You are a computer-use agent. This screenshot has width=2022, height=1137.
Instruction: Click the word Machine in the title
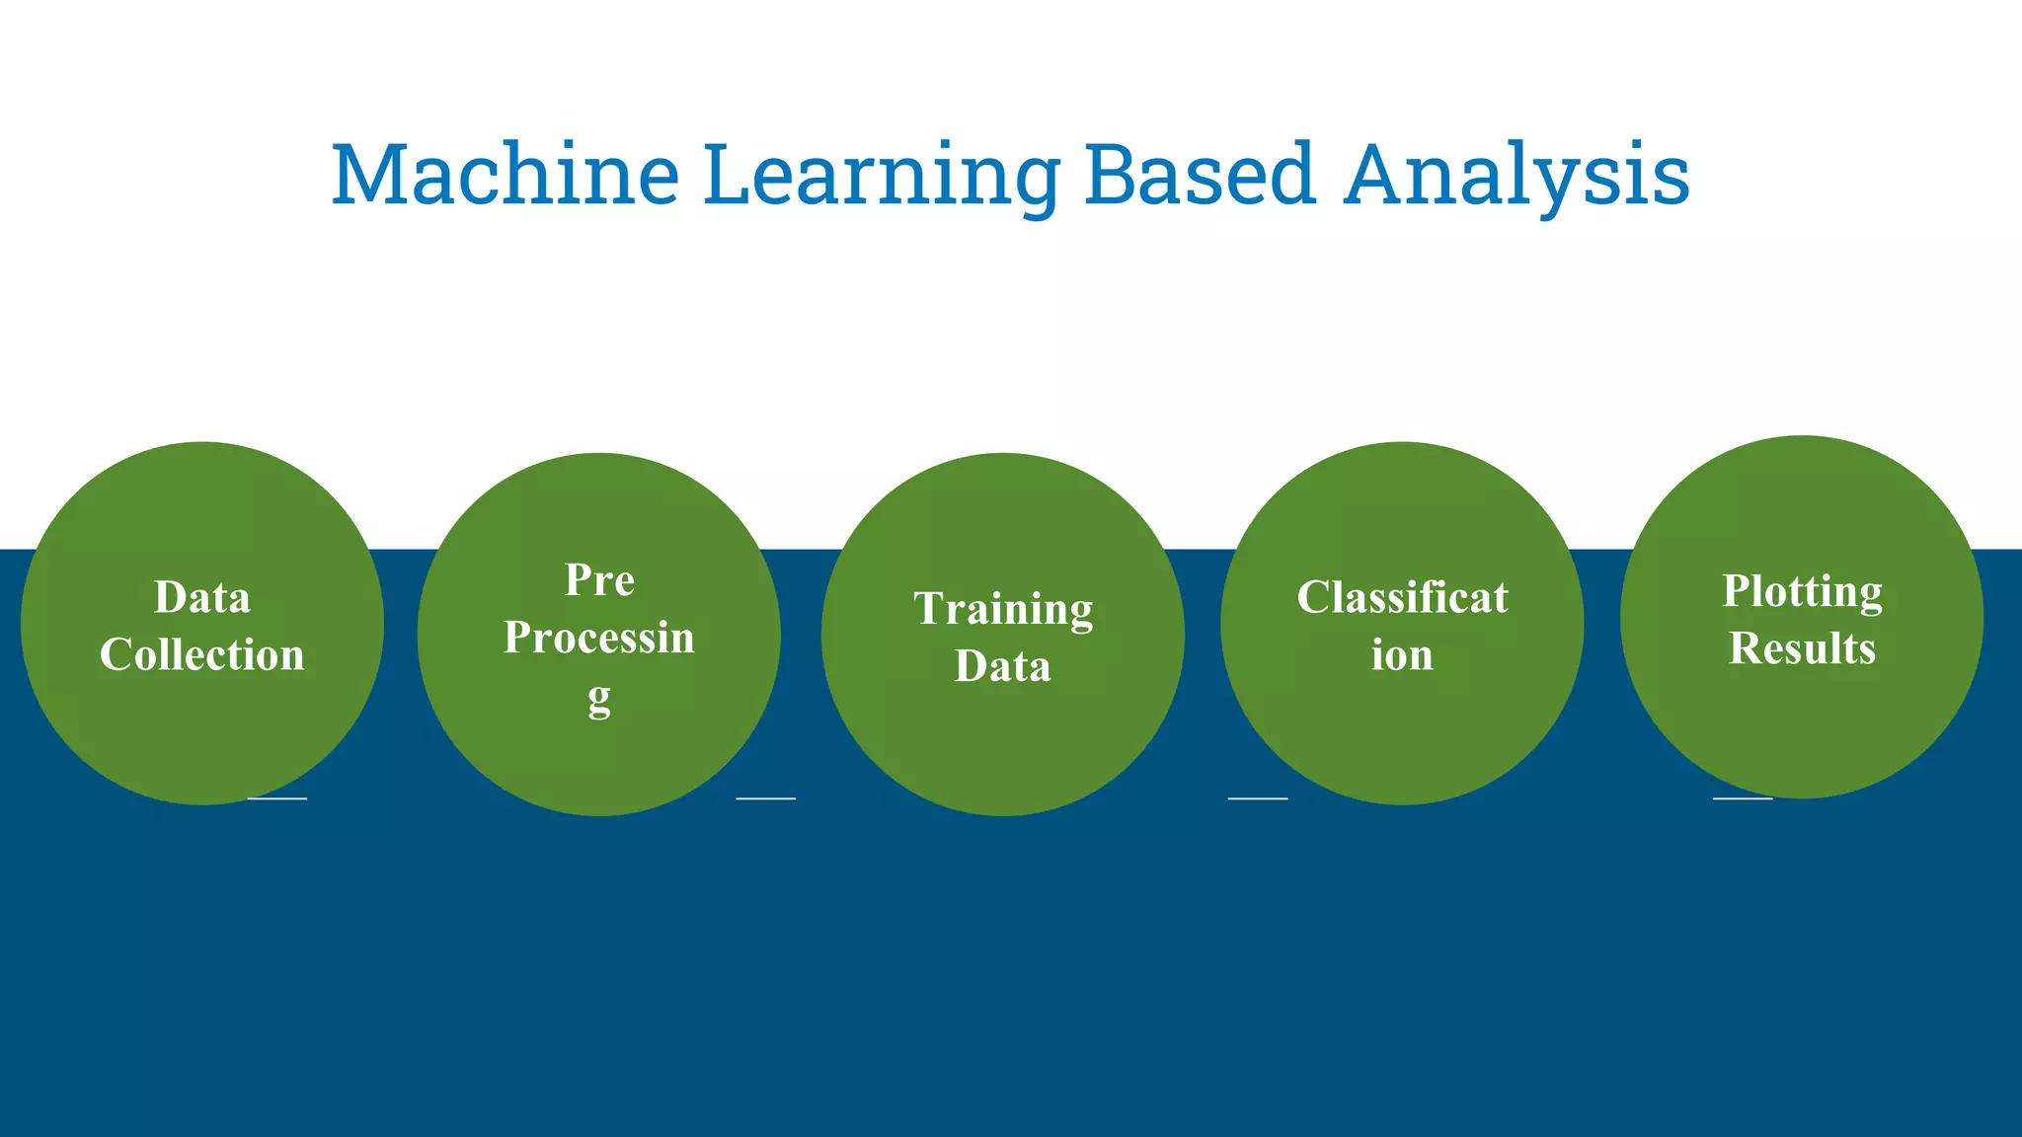(x=505, y=176)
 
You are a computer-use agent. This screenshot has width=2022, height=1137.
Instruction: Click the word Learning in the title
(x=881, y=176)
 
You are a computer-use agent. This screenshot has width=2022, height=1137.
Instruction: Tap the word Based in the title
(x=1200, y=176)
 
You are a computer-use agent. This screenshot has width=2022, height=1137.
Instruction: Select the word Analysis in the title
(x=1516, y=176)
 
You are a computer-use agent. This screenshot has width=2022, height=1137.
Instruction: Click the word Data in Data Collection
(x=202, y=598)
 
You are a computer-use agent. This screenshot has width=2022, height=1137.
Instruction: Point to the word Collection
(x=202, y=655)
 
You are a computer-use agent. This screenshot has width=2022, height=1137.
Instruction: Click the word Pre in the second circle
(x=599, y=580)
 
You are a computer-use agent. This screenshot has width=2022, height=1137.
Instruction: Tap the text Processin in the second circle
(x=599, y=638)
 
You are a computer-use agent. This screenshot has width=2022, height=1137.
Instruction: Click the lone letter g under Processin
(x=599, y=699)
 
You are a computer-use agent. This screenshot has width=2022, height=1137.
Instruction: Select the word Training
(x=1003, y=609)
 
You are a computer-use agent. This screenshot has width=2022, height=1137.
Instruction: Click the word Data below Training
(x=1003, y=666)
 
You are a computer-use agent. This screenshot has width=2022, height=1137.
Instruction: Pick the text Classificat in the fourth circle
(x=1402, y=598)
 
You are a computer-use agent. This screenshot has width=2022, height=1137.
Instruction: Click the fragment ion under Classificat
(x=1402, y=655)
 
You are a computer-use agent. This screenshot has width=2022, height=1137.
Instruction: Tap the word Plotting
(x=1802, y=591)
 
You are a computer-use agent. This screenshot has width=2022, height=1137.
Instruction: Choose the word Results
(x=1802, y=648)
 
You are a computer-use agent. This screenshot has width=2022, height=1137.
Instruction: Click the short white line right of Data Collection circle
(x=277, y=797)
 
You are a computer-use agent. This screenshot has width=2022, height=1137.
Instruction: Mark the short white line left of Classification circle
(x=1258, y=797)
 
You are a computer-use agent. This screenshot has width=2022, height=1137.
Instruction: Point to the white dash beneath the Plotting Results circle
(x=1743, y=797)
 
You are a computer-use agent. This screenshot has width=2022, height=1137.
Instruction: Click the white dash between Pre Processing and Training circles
(x=766, y=797)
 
